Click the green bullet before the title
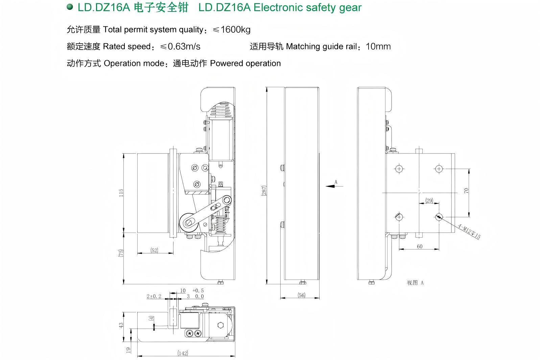pos(70,7)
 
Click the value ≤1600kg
pos(232,30)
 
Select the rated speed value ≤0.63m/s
pos(180,47)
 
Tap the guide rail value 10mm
pos(378,47)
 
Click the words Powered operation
pos(245,64)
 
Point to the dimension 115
pos(121,193)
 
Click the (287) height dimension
pos(264,190)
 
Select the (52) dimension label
pos(154,250)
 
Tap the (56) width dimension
pos(301,295)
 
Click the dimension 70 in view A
pos(466,191)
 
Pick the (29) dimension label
pos(429,200)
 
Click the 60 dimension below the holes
pos(419,246)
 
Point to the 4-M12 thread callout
pos(469,231)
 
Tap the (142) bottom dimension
pos(183,353)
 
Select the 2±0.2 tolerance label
pos(154,296)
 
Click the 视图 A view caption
pos(415,283)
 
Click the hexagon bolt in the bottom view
pos(221,325)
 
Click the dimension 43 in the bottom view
pos(121,325)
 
